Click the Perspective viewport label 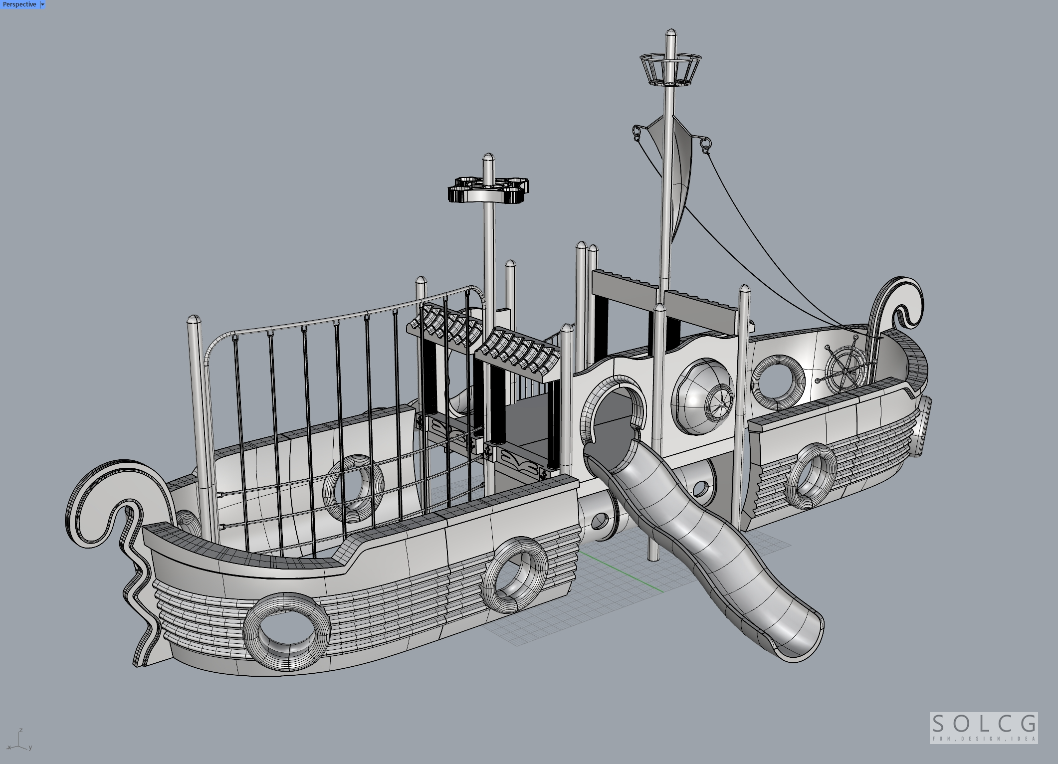pyautogui.click(x=19, y=4)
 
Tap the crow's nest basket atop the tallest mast pyautogui.click(x=670, y=69)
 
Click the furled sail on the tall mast pyautogui.click(x=676, y=170)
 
